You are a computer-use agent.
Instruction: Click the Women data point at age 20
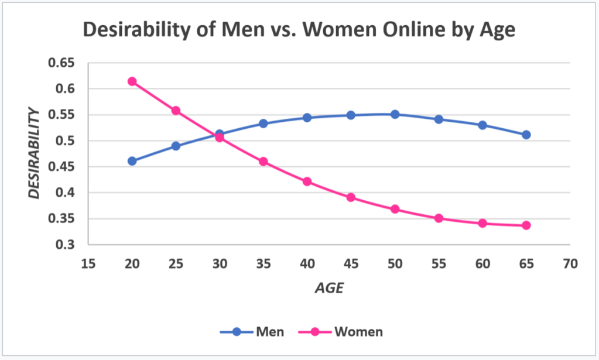(132, 81)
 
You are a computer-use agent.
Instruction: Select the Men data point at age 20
(132, 161)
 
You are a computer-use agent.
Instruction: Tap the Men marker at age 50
(395, 114)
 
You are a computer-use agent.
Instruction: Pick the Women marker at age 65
(526, 225)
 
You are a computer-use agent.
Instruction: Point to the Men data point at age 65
(526, 135)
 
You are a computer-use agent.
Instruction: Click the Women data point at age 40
(307, 181)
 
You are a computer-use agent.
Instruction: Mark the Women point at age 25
(176, 111)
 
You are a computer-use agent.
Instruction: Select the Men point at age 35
(263, 124)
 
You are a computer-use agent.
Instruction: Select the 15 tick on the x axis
(88, 264)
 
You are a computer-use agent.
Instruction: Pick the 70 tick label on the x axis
(570, 264)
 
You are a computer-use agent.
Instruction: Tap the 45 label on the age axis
(351, 264)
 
